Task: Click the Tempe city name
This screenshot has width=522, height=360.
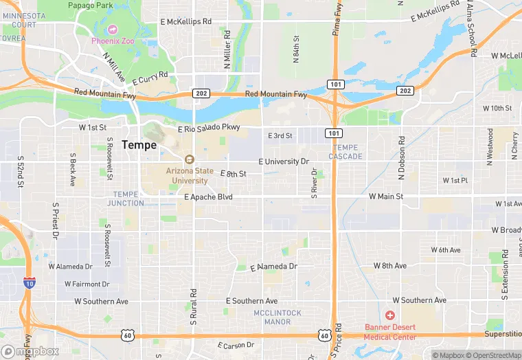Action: (x=139, y=145)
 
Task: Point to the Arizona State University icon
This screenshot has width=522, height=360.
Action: (x=190, y=159)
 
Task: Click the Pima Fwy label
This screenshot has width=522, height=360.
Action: (x=338, y=19)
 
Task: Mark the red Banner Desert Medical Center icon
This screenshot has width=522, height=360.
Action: (x=390, y=316)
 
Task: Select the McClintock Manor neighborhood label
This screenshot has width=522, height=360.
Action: (x=277, y=317)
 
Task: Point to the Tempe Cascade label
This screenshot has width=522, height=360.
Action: (x=345, y=152)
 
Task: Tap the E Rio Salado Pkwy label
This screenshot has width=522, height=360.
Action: (x=209, y=128)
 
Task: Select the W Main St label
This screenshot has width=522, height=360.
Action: (x=385, y=196)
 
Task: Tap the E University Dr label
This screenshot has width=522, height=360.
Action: (x=284, y=161)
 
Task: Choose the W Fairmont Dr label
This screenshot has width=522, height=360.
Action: (x=87, y=284)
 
